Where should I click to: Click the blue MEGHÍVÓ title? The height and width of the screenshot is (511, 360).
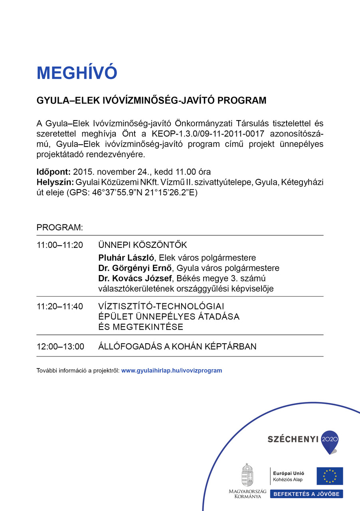77,73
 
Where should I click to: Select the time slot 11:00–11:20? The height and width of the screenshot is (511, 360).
60,245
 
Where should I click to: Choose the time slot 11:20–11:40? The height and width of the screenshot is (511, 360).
60,307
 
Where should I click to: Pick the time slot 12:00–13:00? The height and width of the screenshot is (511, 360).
60,347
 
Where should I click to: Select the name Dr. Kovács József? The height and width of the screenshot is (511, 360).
134,278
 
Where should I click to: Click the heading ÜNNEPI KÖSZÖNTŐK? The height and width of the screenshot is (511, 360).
142,245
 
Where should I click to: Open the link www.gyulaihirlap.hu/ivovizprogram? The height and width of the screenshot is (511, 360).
172,370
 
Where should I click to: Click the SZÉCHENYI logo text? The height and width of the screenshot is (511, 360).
293,439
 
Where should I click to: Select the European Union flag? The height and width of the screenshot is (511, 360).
330,476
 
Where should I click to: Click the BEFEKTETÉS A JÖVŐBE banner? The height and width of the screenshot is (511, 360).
307,494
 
